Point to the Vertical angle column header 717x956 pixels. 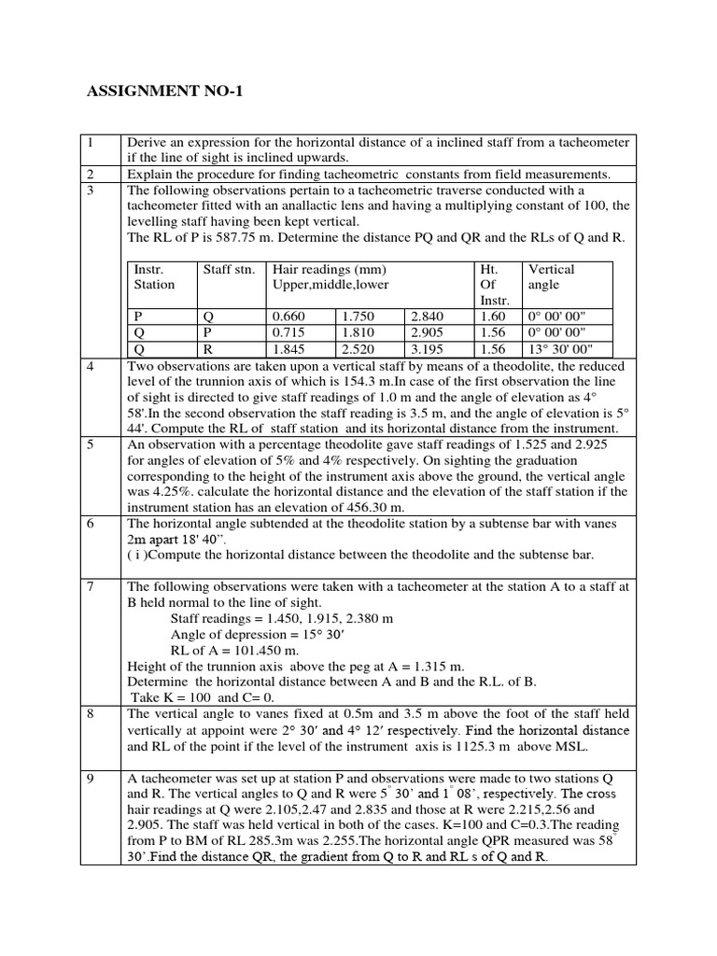[x=551, y=276]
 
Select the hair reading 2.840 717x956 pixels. [x=427, y=316]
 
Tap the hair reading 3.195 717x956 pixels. [x=427, y=348]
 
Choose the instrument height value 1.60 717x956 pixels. [x=492, y=316]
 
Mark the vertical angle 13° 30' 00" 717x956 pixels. [x=567, y=348]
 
